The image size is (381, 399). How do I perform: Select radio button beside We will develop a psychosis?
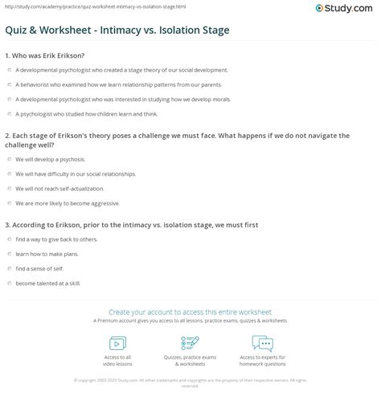(x=8, y=159)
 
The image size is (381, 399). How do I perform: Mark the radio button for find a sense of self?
(x=8, y=268)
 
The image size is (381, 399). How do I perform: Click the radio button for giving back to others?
(x=8, y=239)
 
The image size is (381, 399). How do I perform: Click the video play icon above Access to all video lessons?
(x=117, y=344)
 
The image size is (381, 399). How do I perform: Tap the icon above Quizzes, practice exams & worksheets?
(x=190, y=344)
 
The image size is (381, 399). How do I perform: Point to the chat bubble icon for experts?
(x=263, y=344)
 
